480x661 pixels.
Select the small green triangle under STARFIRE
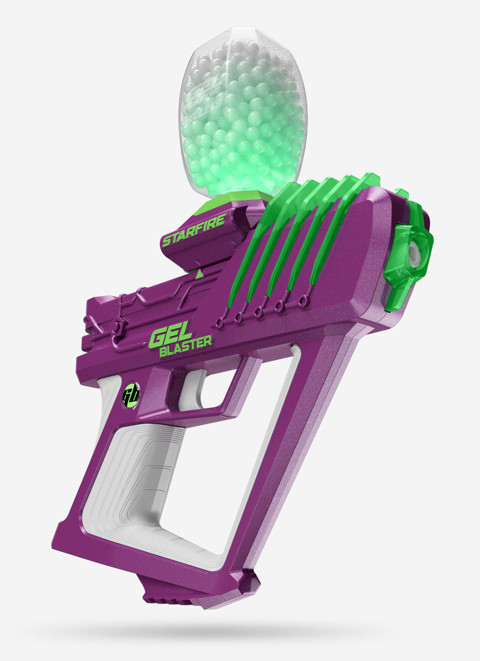(199, 273)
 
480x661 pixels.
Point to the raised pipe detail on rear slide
(136, 306)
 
